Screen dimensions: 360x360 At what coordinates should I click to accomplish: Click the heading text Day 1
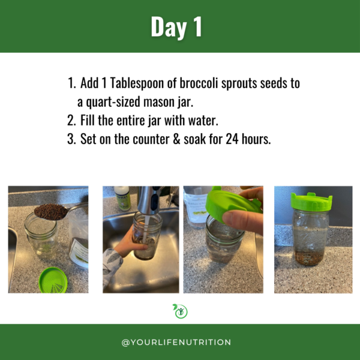click(x=176, y=27)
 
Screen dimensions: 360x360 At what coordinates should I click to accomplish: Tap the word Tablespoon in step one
click(x=137, y=83)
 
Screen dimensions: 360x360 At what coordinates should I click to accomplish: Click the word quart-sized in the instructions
click(x=113, y=102)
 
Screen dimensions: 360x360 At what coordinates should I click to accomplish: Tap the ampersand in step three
click(x=176, y=139)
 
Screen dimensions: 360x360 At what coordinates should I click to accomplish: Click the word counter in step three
click(x=151, y=139)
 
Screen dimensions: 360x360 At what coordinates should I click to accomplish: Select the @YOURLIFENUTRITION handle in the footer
click(x=176, y=343)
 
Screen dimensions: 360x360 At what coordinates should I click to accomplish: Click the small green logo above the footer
click(x=180, y=311)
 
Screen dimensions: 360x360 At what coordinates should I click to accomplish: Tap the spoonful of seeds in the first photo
click(x=51, y=211)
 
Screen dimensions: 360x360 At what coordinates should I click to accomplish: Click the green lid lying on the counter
click(x=53, y=281)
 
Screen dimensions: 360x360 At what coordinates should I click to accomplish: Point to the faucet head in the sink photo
click(x=149, y=200)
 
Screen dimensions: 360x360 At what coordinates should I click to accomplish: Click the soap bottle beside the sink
click(x=122, y=199)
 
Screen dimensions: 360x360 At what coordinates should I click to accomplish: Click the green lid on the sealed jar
click(x=311, y=202)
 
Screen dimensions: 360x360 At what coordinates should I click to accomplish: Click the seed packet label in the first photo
click(x=79, y=253)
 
